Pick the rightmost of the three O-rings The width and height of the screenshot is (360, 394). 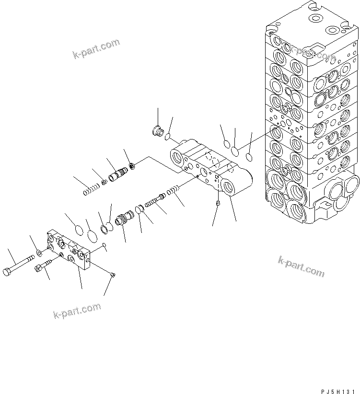(249, 157)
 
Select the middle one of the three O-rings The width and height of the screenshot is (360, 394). (235, 152)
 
